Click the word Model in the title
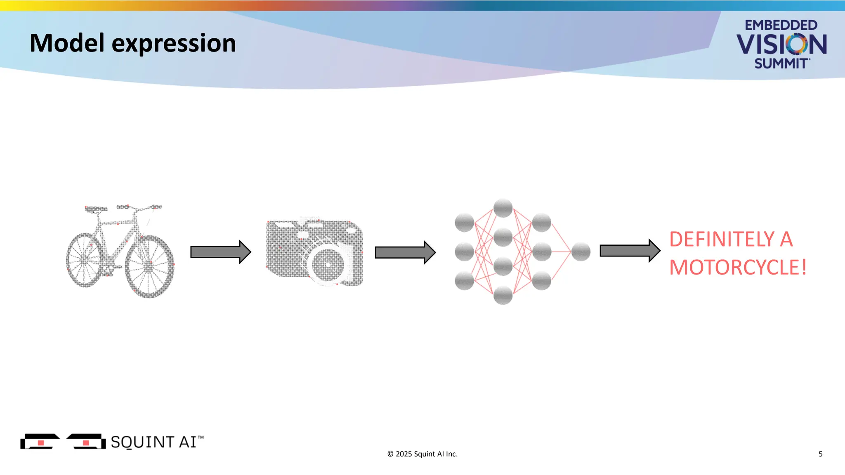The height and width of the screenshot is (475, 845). (67, 43)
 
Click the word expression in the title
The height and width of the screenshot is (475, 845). (174, 44)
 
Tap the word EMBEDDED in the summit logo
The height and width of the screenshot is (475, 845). (781, 25)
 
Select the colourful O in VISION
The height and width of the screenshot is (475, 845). (796, 44)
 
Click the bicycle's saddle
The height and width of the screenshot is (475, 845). (96, 209)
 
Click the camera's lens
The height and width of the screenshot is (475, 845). (328, 264)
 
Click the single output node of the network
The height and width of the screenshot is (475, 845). (581, 252)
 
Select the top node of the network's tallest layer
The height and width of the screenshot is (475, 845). (503, 208)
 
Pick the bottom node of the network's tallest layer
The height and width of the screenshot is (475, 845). (503, 295)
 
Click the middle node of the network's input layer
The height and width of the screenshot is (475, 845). (464, 252)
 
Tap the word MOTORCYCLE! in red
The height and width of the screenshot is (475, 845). (737, 268)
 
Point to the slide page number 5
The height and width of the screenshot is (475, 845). (820, 454)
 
